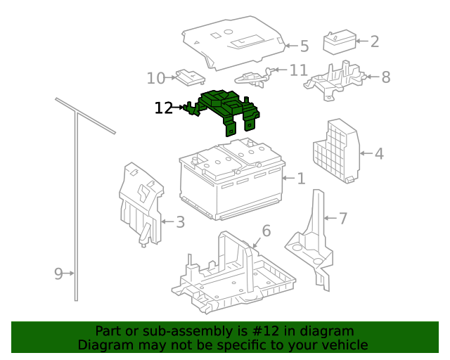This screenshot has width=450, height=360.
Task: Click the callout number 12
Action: [164, 108]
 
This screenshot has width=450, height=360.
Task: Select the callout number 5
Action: [304, 46]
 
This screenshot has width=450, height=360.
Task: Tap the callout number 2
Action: [374, 41]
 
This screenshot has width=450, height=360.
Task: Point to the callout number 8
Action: [385, 77]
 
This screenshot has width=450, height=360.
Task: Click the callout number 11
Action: [299, 70]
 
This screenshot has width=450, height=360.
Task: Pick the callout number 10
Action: [156, 78]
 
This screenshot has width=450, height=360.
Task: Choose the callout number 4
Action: [379, 153]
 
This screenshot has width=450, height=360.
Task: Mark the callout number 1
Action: [301, 179]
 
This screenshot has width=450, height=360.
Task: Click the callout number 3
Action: [180, 222]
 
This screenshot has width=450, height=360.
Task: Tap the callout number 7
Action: [343, 219]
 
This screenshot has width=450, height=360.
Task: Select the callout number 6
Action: [266, 231]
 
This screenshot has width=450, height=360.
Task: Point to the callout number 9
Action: [59, 273]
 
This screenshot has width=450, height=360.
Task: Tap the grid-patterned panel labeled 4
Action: [336, 150]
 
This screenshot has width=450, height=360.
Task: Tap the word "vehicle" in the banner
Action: [344, 345]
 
